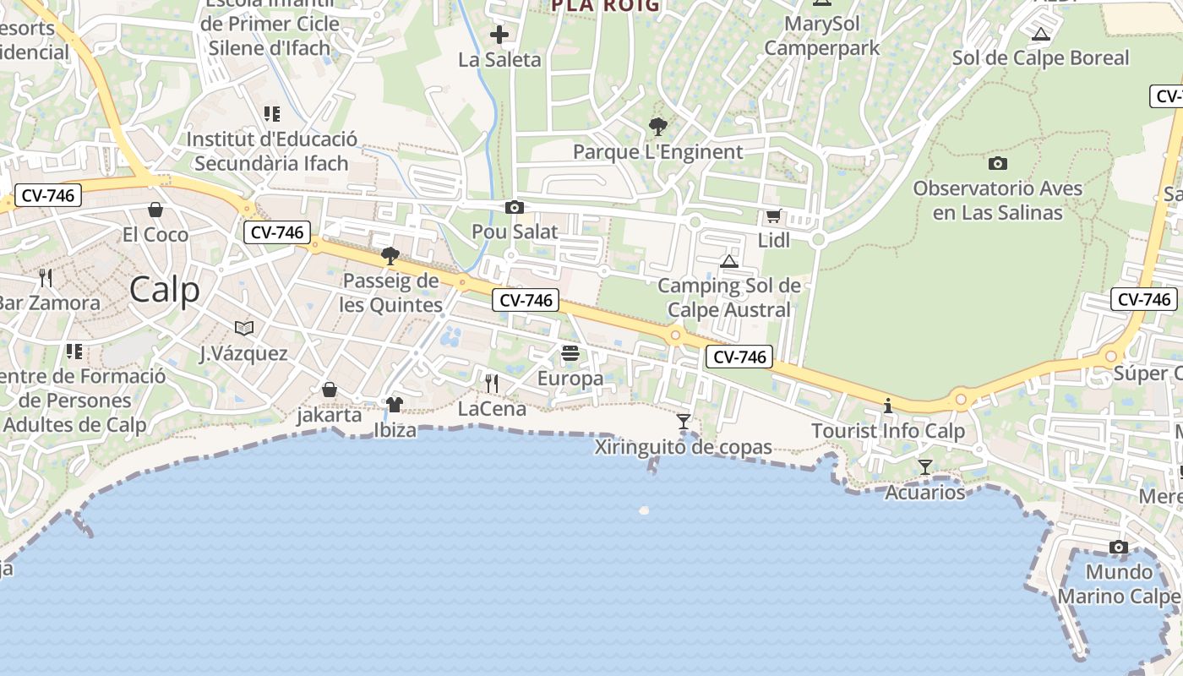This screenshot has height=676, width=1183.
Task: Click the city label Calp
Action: pyautogui.click(x=165, y=290)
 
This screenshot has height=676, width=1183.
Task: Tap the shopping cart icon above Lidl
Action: pyautogui.click(x=773, y=216)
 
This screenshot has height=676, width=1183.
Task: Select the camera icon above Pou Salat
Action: pyautogui.click(x=514, y=208)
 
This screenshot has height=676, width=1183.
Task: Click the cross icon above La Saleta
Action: pyautogui.click(x=499, y=35)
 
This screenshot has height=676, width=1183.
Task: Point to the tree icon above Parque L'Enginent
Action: pyautogui.click(x=657, y=128)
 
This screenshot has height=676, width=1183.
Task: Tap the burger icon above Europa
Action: pyautogui.click(x=570, y=353)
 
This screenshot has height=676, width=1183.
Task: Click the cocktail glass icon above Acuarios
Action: pyautogui.click(x=925, y=467)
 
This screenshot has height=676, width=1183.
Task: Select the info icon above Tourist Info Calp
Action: pyautogui.click(x=887, y=406)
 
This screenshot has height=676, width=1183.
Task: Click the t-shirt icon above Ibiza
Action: pyautogui.click(x=395, y=405)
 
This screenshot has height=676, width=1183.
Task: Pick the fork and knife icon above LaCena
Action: pyautogui.click(x=492, y=384)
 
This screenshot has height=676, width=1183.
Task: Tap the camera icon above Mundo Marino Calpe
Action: pyautogui.click(x=1119, y=548)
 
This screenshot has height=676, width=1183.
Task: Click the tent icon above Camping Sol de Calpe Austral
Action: pyautogui.click(x=729, y=261)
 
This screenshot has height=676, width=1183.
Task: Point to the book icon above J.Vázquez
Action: pyautogui.click(x=243, y=328)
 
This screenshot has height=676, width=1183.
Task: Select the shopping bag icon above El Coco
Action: pyautogui.click(x=155, y=210)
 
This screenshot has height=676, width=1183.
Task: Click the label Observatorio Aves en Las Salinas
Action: pyautogui.click(x=997, y=200)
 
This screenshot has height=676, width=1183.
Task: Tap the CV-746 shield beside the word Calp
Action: pyautogui.click(x=277, y=232)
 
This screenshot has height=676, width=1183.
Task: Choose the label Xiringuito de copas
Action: pyautogui.click(x=683, y=447)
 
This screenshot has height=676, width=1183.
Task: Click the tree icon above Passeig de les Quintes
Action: pyautogui.click(x=390, y=255)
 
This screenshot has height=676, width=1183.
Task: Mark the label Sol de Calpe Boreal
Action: pyautogui.click(x=1040, y=58)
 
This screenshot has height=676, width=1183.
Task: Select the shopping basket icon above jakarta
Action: pyautogui.click(x=330, y=390)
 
